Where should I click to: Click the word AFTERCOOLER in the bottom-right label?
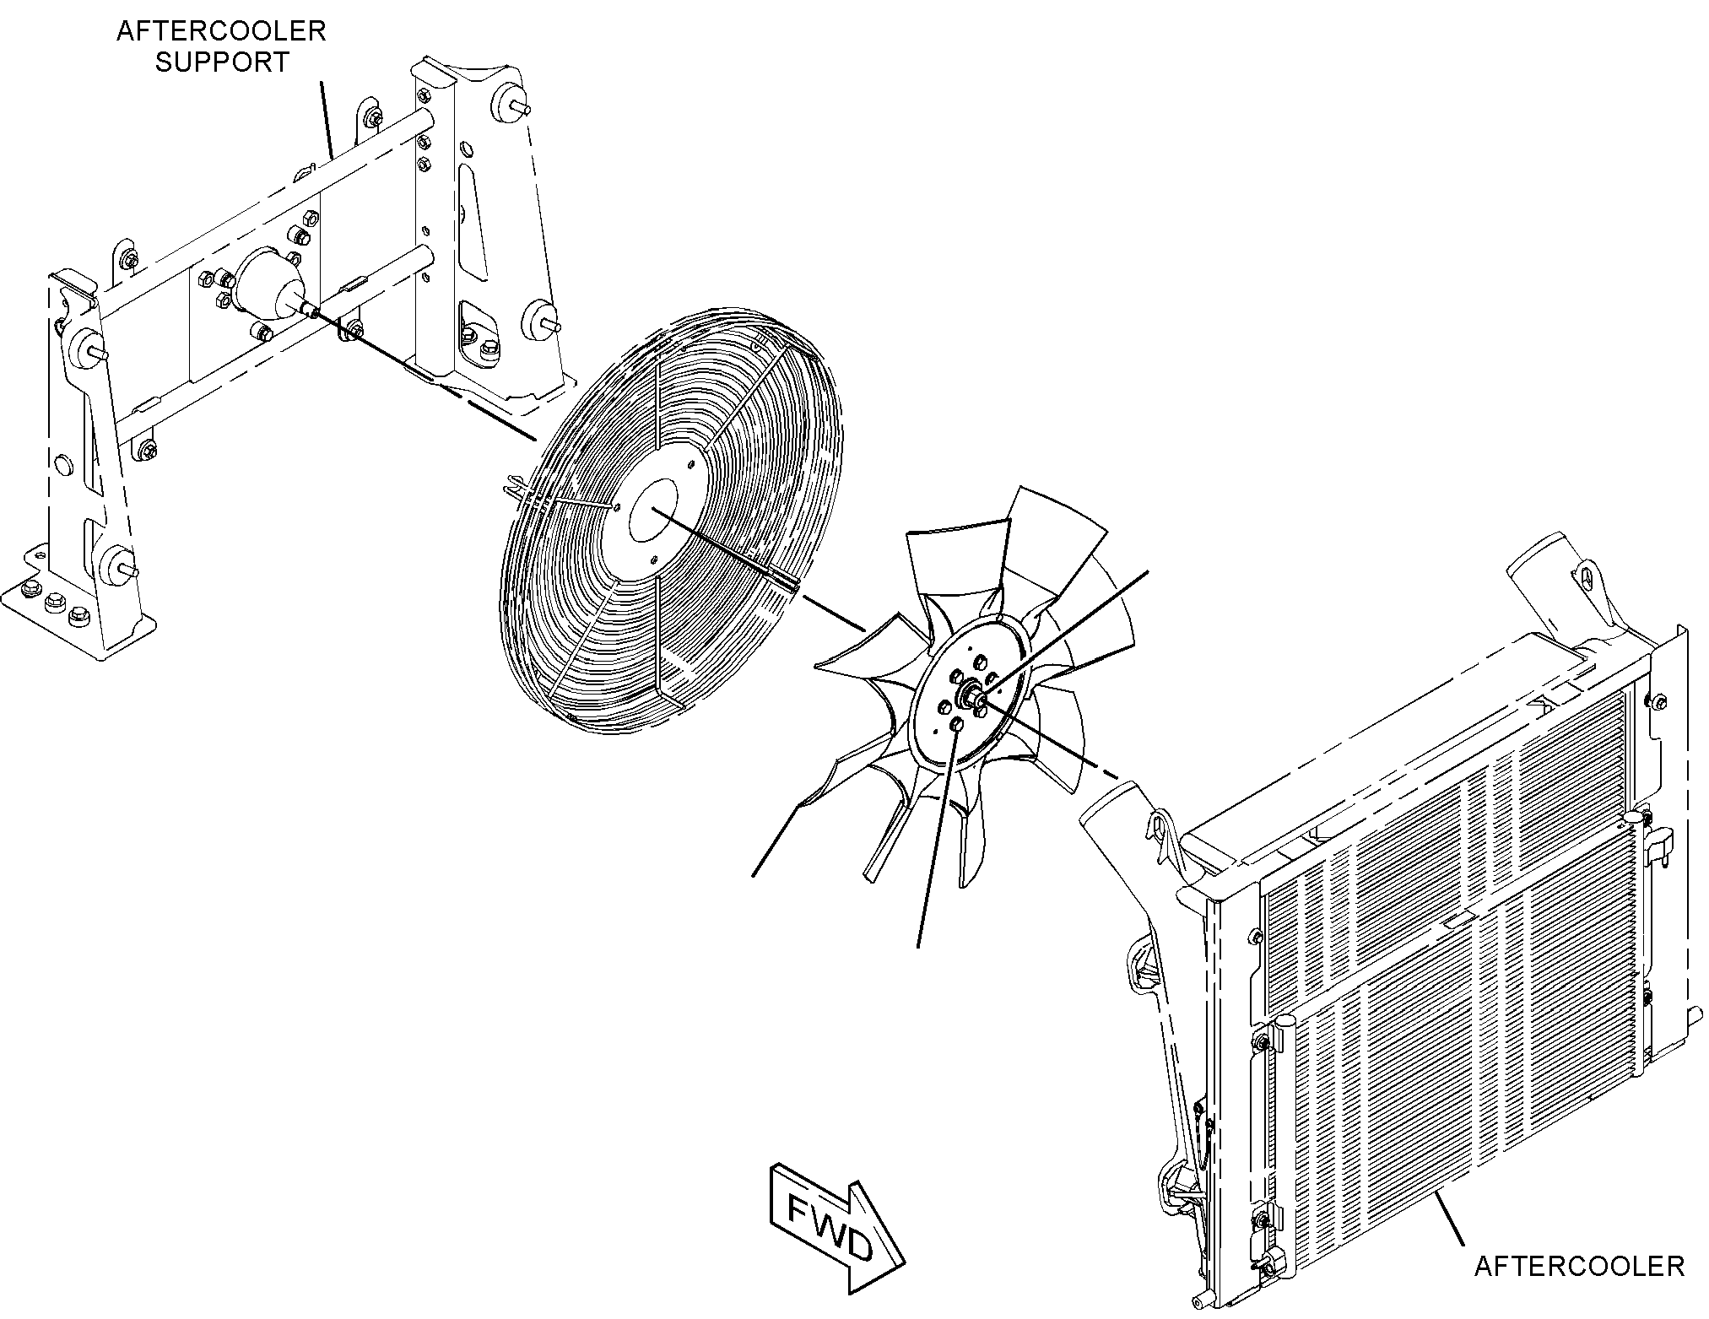(1579, 1266)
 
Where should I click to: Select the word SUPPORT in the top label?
(222, 62)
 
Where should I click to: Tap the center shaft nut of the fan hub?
(975, 697)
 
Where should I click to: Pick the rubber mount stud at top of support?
(513, 103)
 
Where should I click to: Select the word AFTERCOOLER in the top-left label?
(221, 31)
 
